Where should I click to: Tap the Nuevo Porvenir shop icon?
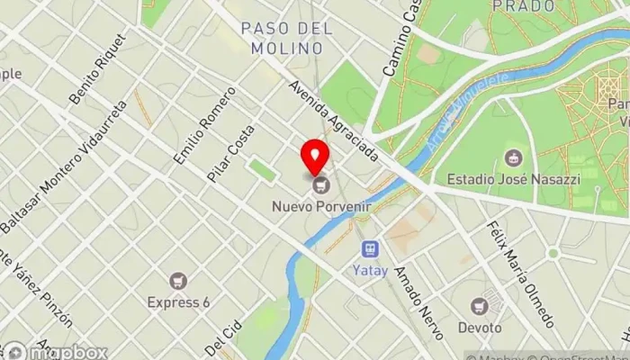pos(321,186)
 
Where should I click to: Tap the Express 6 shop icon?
pos(177,282)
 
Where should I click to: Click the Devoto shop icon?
pos(480,306)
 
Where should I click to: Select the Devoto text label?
pos(480,327)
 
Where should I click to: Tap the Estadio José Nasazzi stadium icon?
pos(515,158)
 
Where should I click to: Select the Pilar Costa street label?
pos(230,153)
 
